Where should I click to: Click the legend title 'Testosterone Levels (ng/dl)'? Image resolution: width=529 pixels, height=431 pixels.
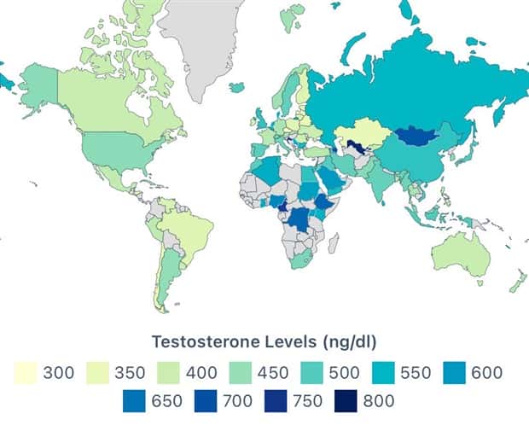click(264, 342)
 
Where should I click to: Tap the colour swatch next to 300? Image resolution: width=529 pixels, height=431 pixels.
click(25, 373)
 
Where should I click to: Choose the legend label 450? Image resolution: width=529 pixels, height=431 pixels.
click(272, 373)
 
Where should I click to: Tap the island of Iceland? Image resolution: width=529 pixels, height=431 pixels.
click(236, 86)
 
